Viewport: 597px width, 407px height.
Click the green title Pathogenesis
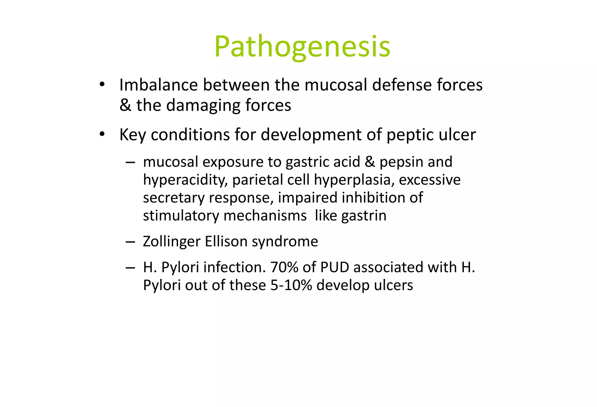[302, 47]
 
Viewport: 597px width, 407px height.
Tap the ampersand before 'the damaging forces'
[125, 105]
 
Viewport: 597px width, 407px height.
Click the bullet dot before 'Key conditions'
[102, 134]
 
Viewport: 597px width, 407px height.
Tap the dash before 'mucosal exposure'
[130, 162]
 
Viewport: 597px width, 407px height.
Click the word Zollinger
[172, 242]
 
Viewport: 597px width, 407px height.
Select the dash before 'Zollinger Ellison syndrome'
[130, 242]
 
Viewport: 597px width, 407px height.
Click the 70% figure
[284, 267]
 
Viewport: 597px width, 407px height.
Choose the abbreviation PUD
[334, 267]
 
